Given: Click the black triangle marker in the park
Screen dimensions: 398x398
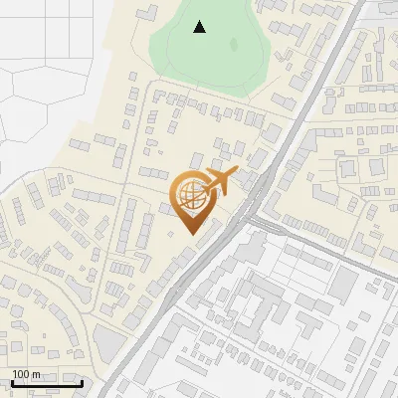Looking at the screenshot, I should pyautogui.click(x=200, y=27).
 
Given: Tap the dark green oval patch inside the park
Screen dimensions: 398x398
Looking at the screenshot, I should pyautogui.click(x=234, y=44).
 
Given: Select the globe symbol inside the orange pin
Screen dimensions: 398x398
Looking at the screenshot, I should pyautogui.click(x=189, y=196).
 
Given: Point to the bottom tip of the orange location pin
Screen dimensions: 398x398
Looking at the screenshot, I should pyautogui.click(x=191, y=236).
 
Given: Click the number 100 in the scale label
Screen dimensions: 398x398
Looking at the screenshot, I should pyautogui.click(x=20, y=374).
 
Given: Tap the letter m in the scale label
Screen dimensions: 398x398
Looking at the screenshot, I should pyautogui.click(x=36, y=374).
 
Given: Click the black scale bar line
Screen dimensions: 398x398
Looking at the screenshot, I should pyautogui.click(x=46, y=383).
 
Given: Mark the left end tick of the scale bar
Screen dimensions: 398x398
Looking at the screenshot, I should pyautogui.click(x=11, y=381).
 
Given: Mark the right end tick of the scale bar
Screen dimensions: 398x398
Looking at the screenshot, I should pyautogui.click(x=82, y=381).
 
